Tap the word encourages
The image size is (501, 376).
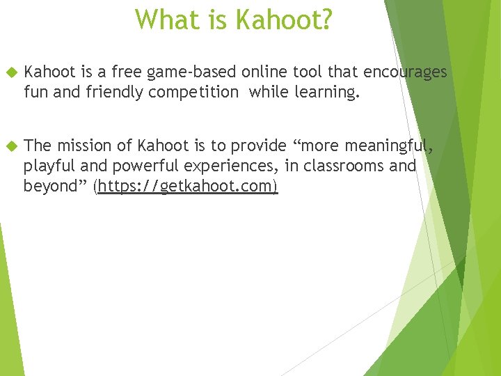(406, 72)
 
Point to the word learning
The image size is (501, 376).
(327, 93)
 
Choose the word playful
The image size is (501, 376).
(47, 166)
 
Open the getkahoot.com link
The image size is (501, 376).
(188, 187)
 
